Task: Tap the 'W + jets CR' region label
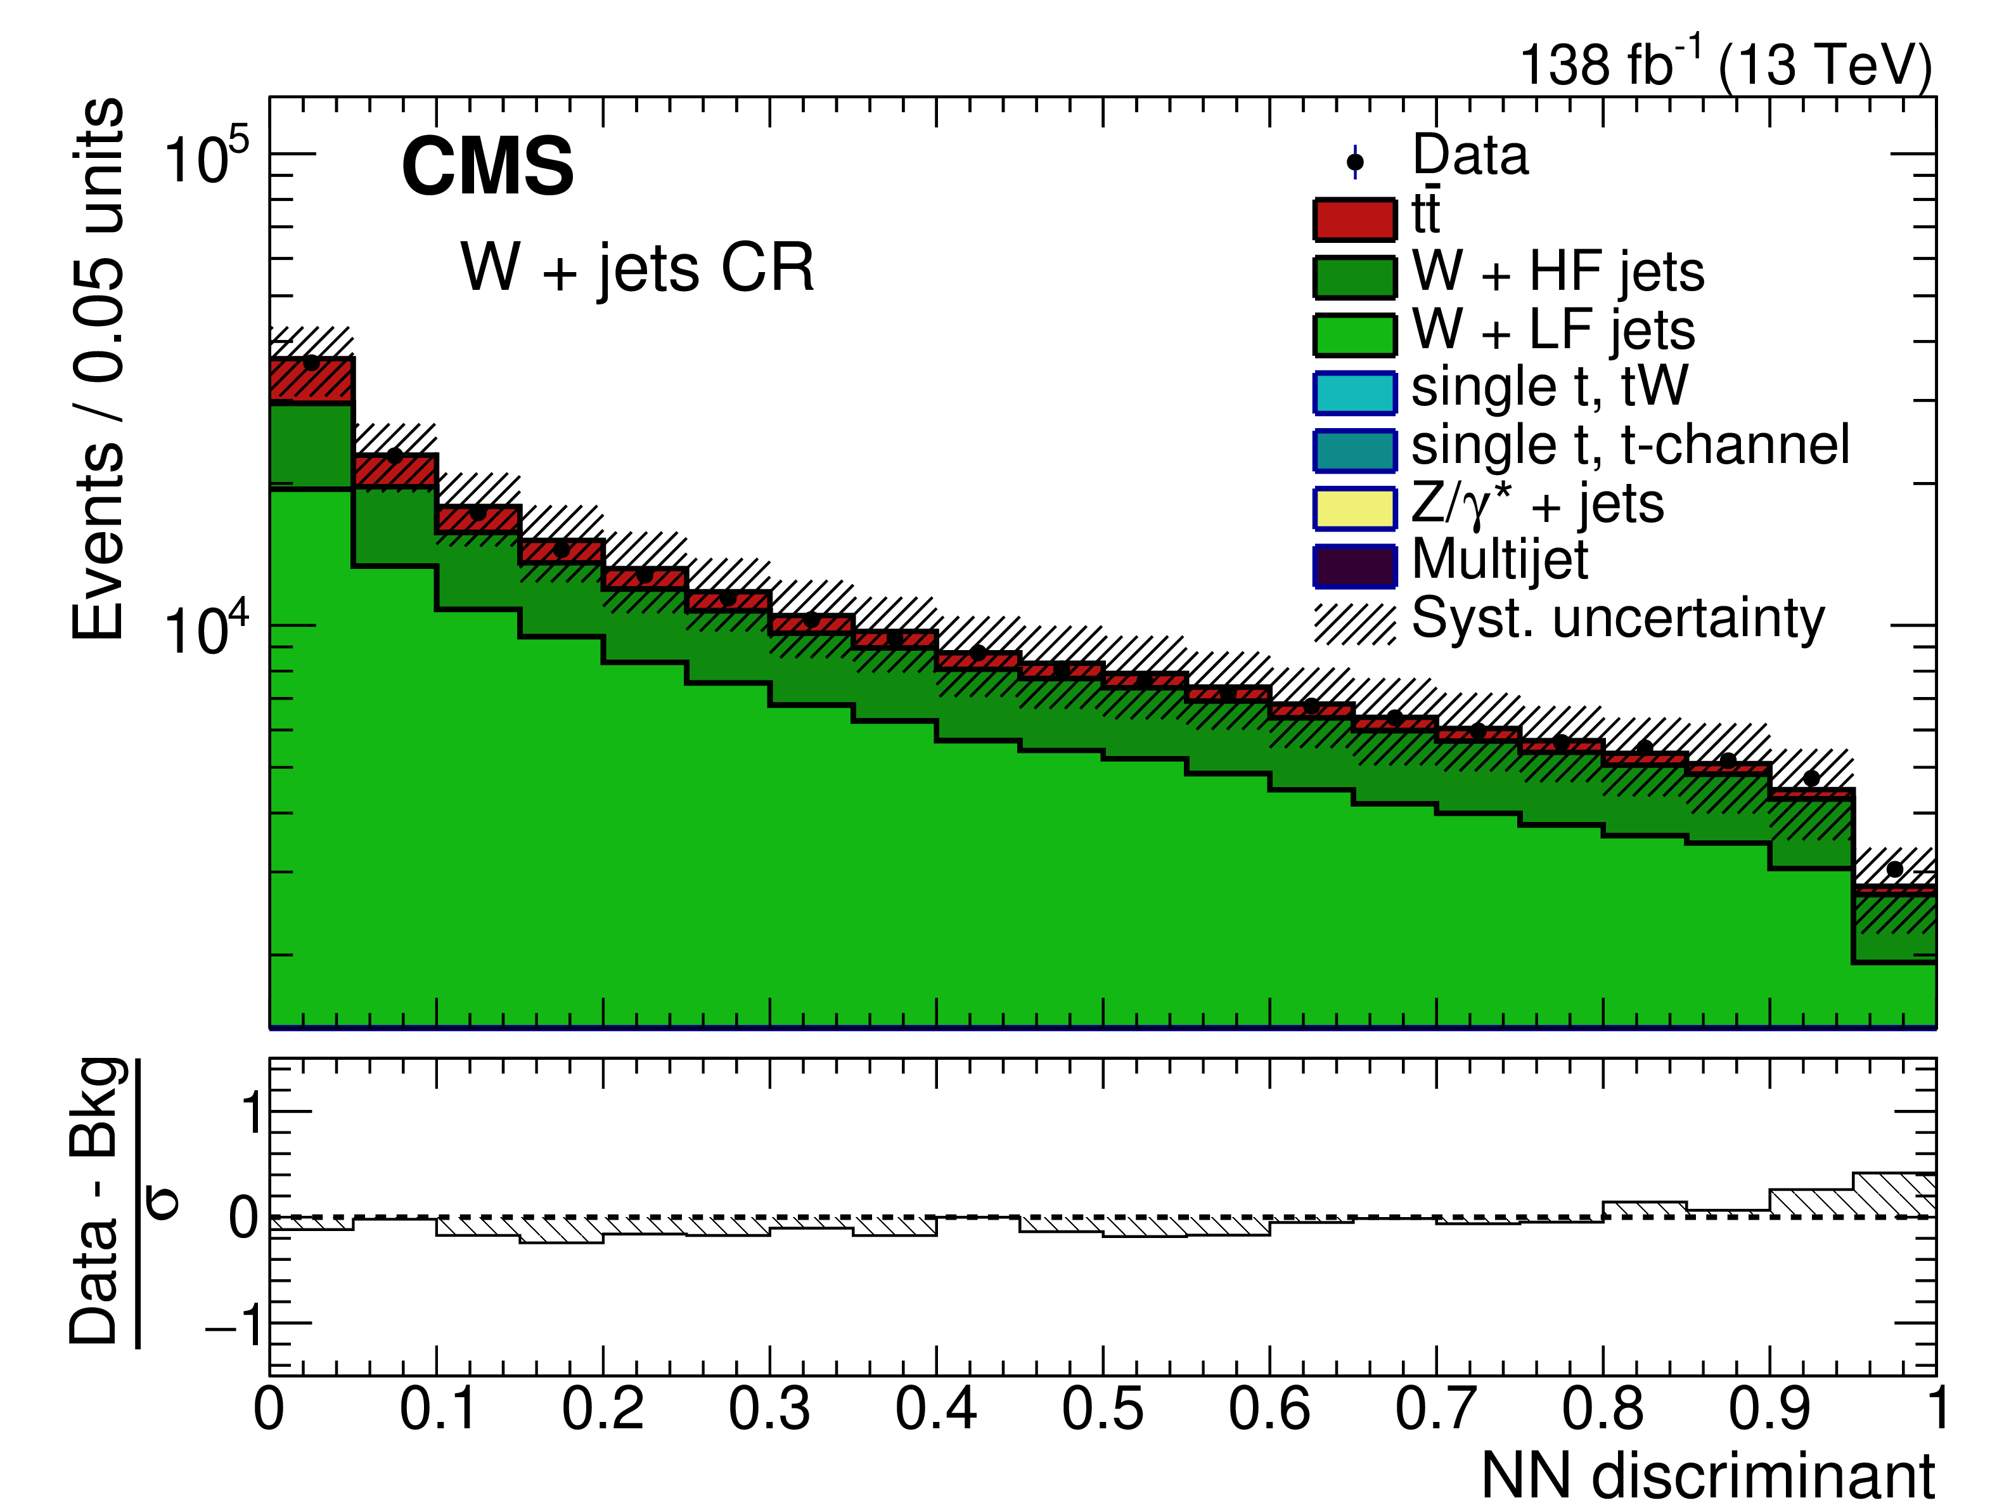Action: [x=638, y=268]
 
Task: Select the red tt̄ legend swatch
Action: [x=1354, y=219]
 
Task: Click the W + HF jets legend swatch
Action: [x=1354, y=277]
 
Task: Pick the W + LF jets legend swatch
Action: [x=1354, y=335]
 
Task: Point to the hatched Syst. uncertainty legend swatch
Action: [x=1354, y=623]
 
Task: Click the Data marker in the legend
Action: [x=1354, y=162]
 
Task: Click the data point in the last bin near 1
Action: [x=1894, y=869]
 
